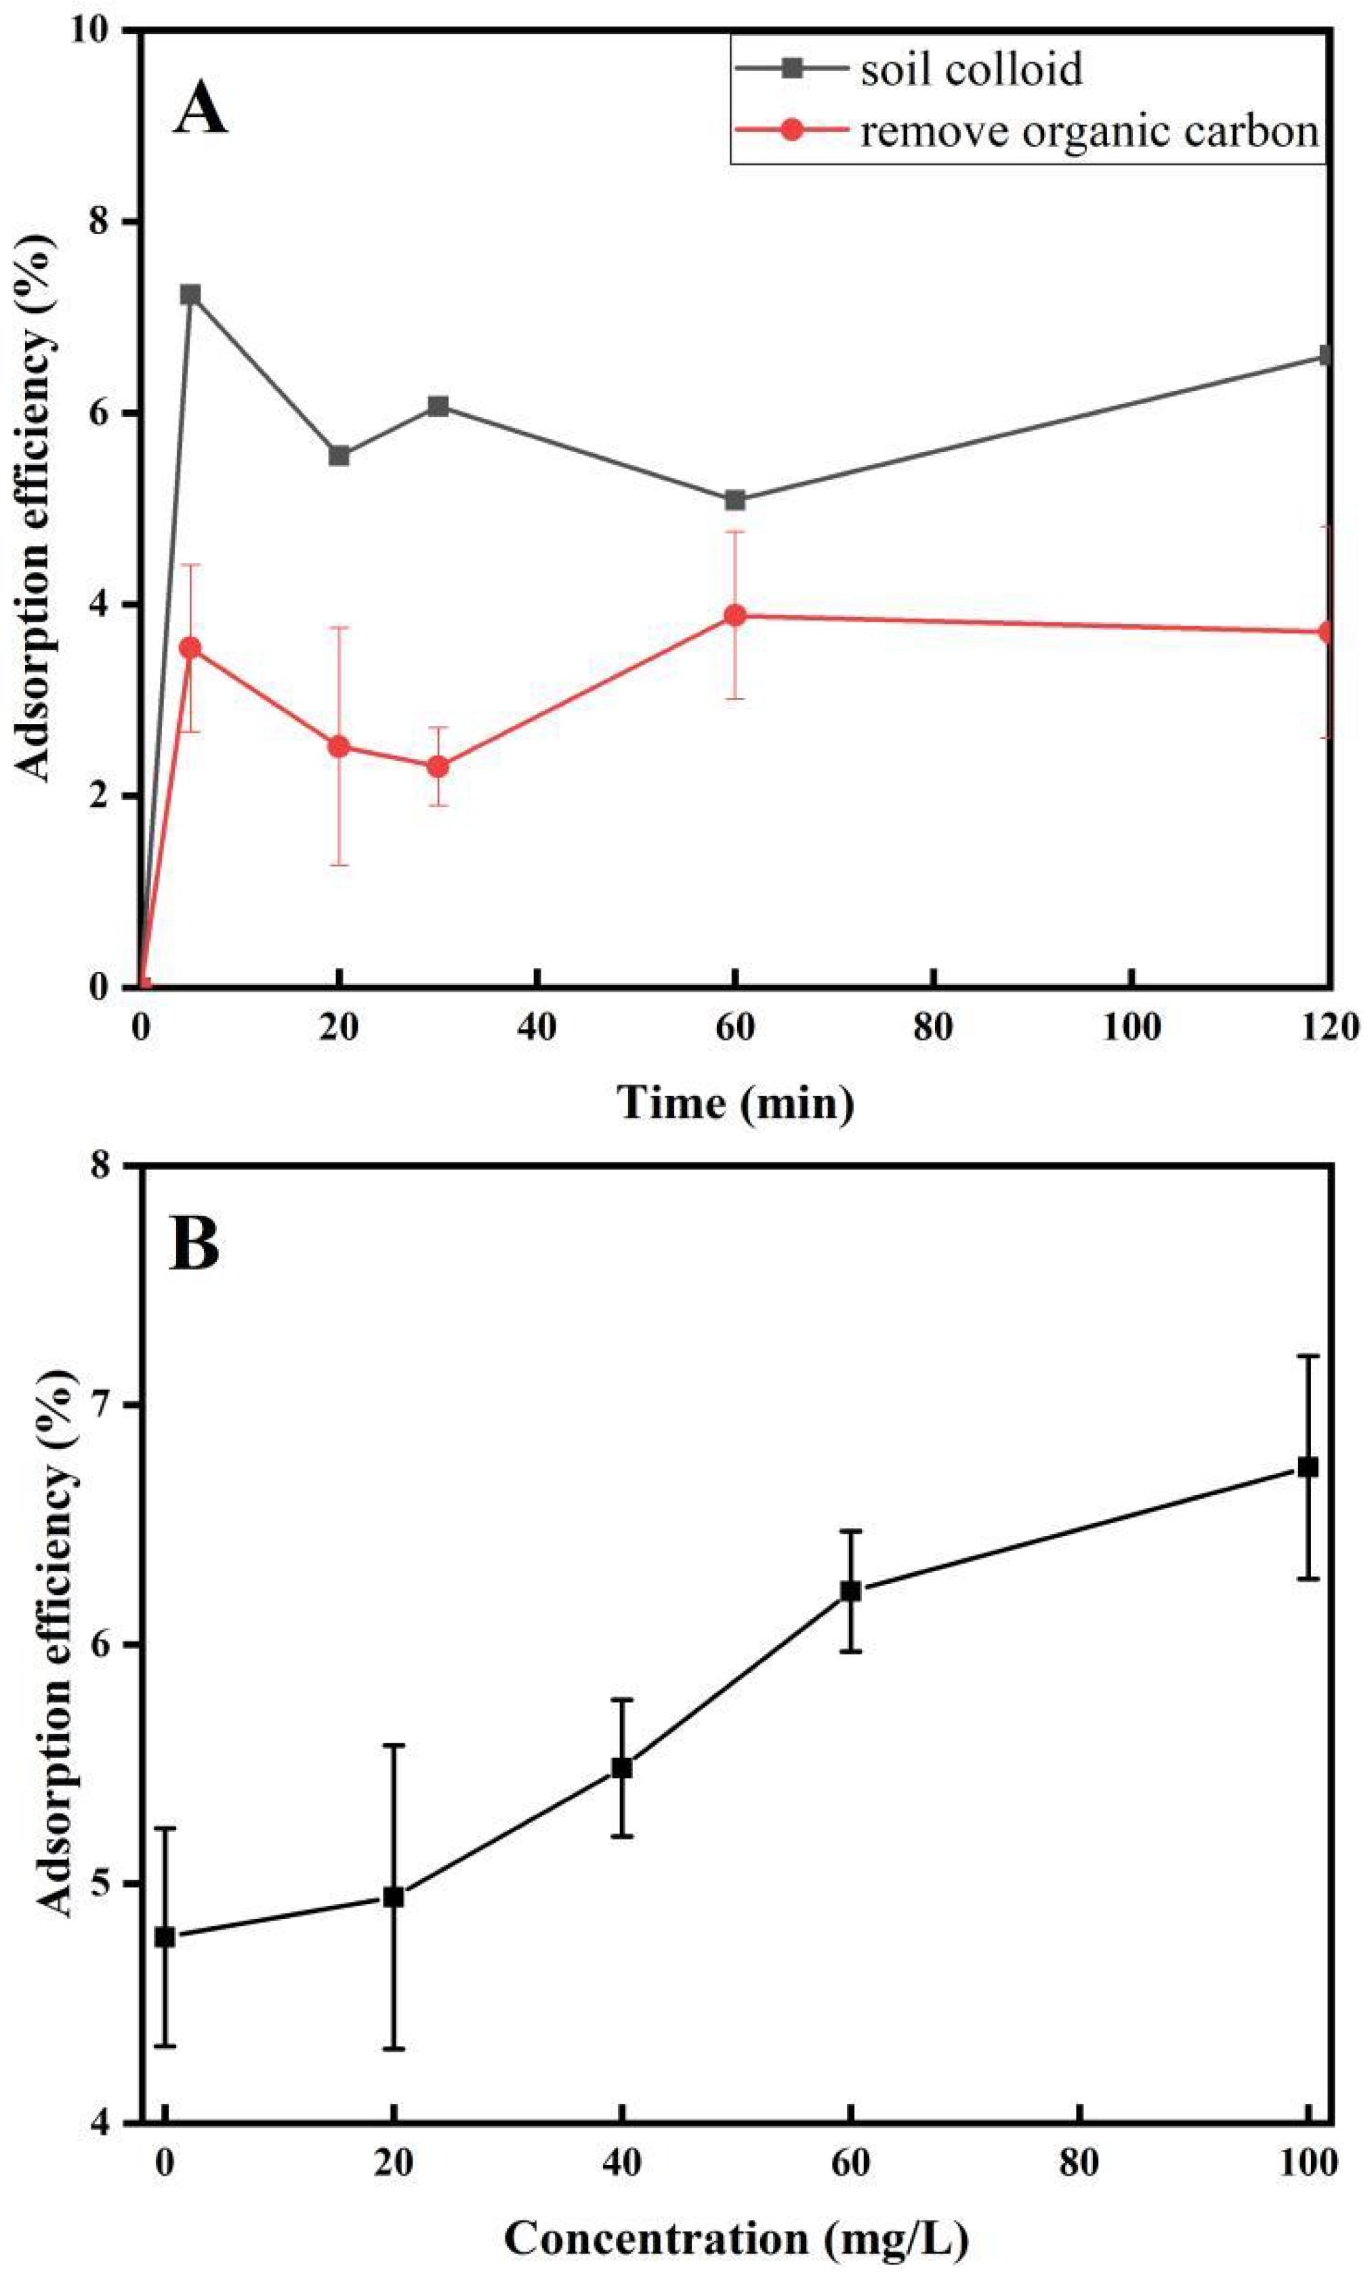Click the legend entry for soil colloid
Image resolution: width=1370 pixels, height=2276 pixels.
pos(970,70)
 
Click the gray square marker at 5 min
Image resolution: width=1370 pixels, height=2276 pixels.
pos(191,295)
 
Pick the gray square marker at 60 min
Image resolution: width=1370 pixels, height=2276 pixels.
pos(735,500)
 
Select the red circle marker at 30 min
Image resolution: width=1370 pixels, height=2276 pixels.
pos(438,767)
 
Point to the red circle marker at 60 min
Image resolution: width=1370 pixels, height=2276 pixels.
pos(735,615)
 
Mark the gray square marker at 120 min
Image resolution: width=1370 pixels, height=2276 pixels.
pos(1327,355)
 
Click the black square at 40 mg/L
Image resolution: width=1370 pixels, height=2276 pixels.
pos(621,1767)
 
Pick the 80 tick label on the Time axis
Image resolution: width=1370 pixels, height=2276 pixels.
pos(934,1027)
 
